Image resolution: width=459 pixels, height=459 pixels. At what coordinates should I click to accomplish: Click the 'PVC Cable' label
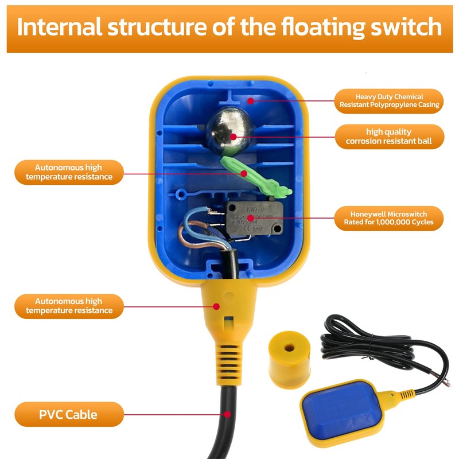(68, 414)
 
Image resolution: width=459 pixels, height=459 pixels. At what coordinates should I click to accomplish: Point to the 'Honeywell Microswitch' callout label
(389, 218)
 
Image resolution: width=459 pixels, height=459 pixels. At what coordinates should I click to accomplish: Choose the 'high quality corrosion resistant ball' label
(389, 137)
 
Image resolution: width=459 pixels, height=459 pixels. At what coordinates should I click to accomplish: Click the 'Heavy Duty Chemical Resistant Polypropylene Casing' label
(389, 101)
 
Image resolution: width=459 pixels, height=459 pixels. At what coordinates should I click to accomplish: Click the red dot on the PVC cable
(228, 413)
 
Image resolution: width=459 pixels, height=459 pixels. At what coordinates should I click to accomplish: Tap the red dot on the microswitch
(251, 219)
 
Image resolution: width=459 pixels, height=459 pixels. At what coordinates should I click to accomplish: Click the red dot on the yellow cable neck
(216, 306)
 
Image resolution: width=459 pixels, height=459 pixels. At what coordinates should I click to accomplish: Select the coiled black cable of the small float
(367, 344)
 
